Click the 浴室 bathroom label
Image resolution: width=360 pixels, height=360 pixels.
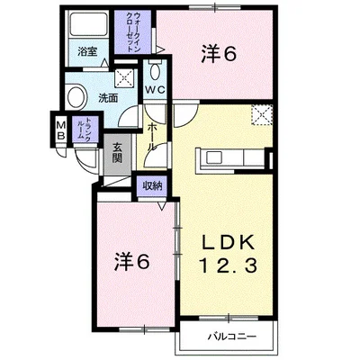pos(87,52)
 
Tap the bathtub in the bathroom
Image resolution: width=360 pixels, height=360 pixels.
pos(88,25)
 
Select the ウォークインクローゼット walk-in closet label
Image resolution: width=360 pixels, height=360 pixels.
pos(133,32)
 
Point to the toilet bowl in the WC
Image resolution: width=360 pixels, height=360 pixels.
pos(155,72)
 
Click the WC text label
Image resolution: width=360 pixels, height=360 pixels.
pos(155,89)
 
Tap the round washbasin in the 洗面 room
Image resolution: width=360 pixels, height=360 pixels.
pos(76,96)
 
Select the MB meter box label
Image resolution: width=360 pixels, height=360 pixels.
pos(61,130)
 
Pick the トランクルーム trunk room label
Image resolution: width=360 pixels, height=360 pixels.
pos(85,129)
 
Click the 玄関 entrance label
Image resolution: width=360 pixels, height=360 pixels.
pos(117,153)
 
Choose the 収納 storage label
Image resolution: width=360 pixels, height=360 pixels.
pos(152,186)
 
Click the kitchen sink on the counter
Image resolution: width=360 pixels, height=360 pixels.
pos(214,157)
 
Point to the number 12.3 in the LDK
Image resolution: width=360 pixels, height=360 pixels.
pos(228,265)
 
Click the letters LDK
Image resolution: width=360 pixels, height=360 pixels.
pos(228,242)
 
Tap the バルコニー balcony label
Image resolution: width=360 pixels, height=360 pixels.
pos(232,337)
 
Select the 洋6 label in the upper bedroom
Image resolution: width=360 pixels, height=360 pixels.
pos(219,55)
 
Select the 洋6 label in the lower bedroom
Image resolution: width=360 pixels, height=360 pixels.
pos(131,263)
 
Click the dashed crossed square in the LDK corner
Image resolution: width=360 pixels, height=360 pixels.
pos(262,115)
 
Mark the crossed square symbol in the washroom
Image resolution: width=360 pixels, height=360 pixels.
pos(124,77)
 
